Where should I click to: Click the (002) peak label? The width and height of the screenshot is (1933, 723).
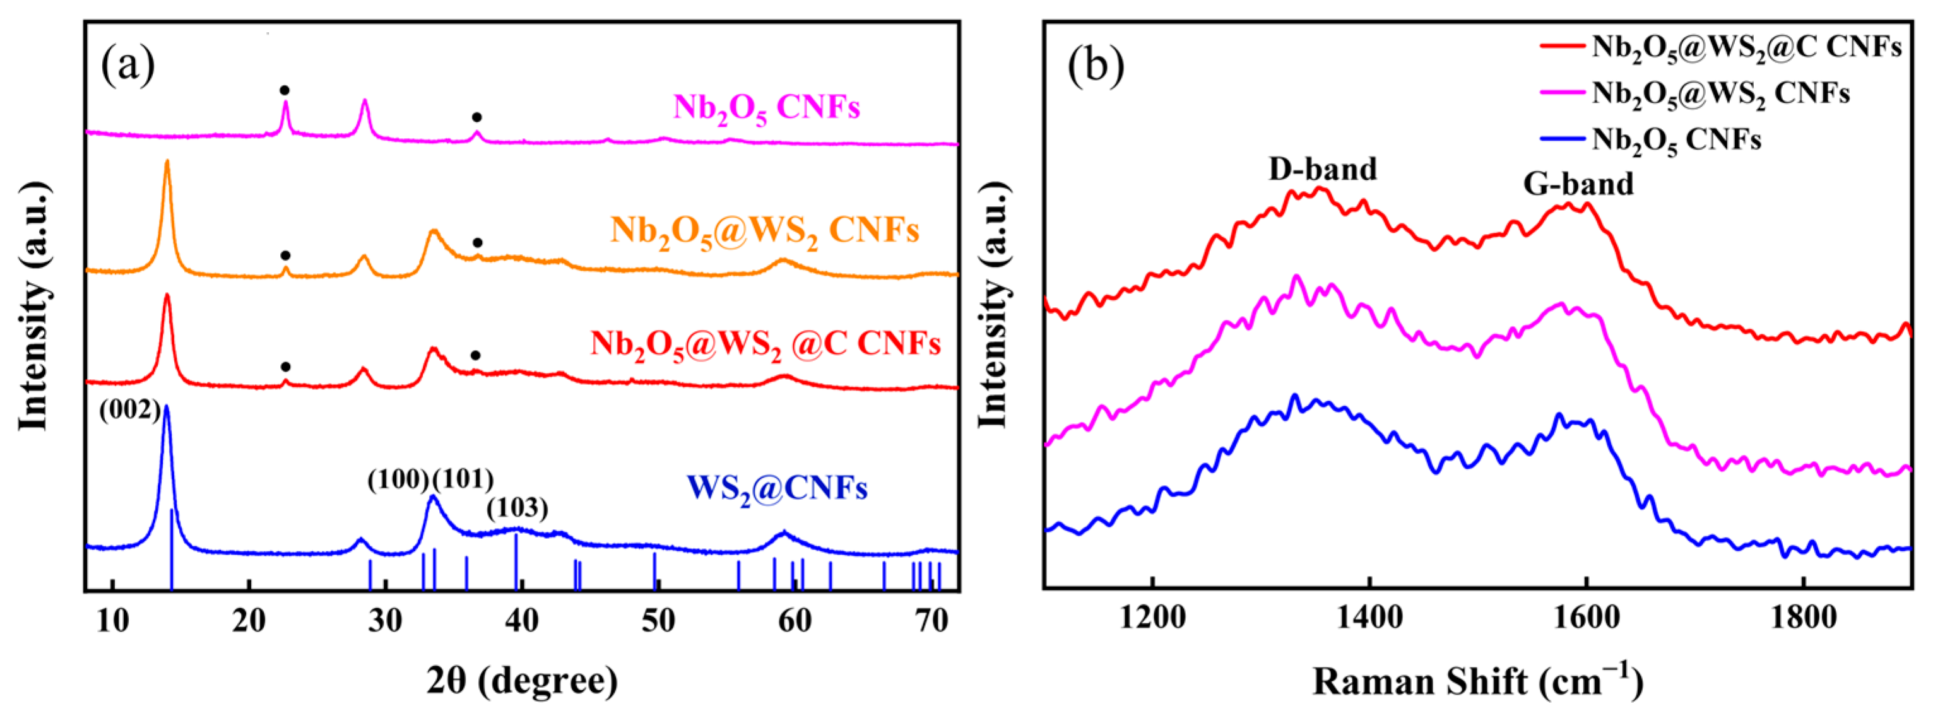tap(130, 410)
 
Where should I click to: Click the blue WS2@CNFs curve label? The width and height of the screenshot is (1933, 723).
tap(777, 488)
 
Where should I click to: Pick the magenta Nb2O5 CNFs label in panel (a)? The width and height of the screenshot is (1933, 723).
tap(766, 108)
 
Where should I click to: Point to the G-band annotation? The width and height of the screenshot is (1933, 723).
tap(1578, 184)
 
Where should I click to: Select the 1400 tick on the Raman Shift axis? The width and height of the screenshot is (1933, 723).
tap(1369, 617)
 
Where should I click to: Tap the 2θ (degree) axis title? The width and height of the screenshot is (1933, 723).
tap(523, 680)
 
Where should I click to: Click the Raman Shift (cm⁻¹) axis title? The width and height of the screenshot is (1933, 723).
tap(1477, 680)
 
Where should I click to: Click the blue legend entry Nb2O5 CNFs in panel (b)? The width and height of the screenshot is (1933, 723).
tap(1676, 140)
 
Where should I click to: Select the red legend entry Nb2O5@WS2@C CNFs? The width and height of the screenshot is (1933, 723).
tap(1746, 47)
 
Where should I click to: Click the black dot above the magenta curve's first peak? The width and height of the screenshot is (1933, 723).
tap(285, 90)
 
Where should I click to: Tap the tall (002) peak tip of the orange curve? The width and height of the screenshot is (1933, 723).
tap(167, 162)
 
